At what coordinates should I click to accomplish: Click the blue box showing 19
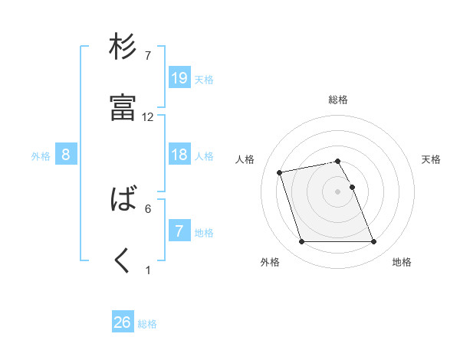coord(179,77)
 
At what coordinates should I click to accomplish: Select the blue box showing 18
coord(179,155)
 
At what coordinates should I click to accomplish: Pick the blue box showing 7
coord(179,231)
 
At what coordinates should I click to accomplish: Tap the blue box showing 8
coord(66,155)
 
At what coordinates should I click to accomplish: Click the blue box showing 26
coord(123,322)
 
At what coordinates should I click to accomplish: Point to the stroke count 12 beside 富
coord(148,117)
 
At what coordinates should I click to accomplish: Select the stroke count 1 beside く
coord(148,270)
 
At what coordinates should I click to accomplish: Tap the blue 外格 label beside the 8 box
coord(41,156)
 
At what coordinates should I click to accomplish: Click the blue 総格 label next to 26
coord(147,324)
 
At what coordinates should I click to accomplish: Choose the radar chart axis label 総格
coord(338,100)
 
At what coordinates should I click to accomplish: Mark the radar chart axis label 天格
coord(431,159)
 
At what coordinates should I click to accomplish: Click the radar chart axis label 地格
coord(402,263)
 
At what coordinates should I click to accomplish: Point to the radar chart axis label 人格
coord(245,159)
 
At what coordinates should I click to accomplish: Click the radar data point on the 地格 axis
coord(373,242)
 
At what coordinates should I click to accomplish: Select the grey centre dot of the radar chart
coord(338,191)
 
